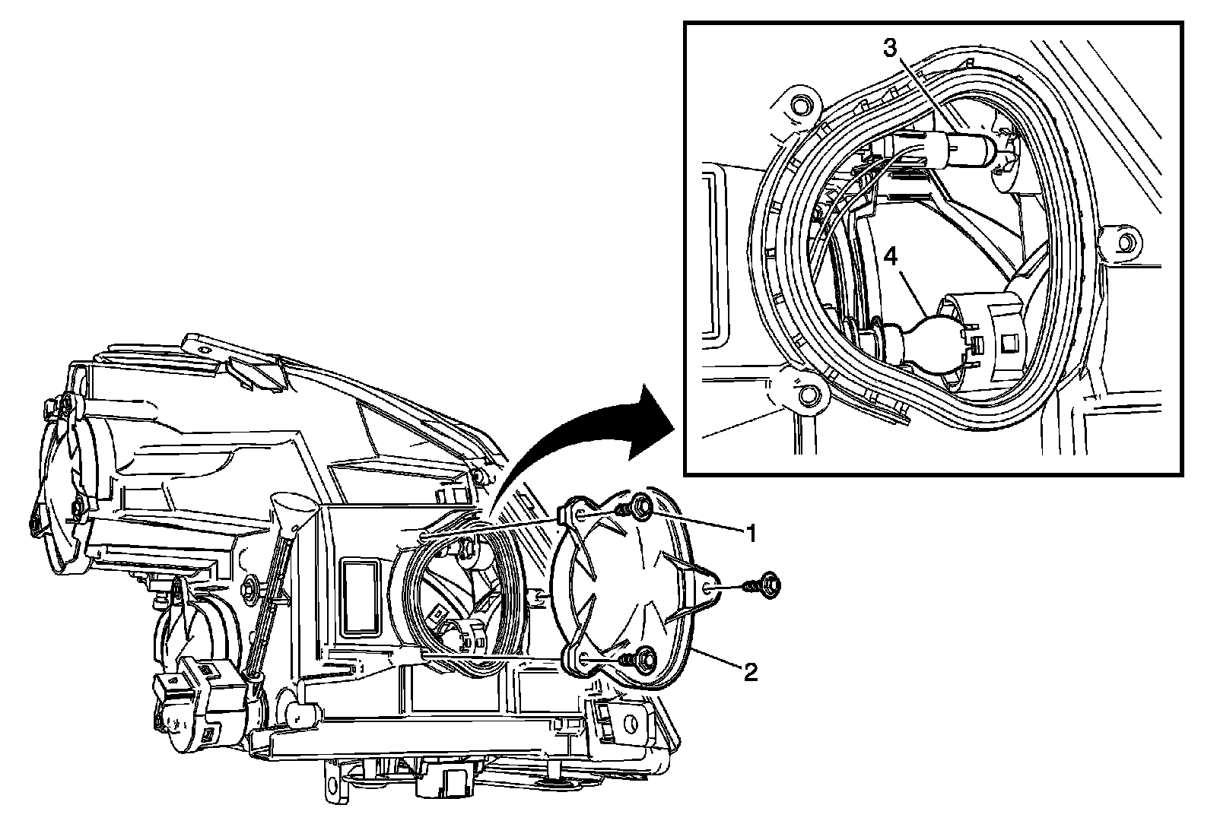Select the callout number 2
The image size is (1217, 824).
(751, 672)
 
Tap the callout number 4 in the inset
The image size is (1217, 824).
(891, 256)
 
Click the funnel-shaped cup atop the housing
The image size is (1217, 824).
(295, 508)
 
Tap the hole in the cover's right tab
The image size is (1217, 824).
(709, 585)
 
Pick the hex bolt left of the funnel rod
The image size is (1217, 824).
(250, 587)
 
